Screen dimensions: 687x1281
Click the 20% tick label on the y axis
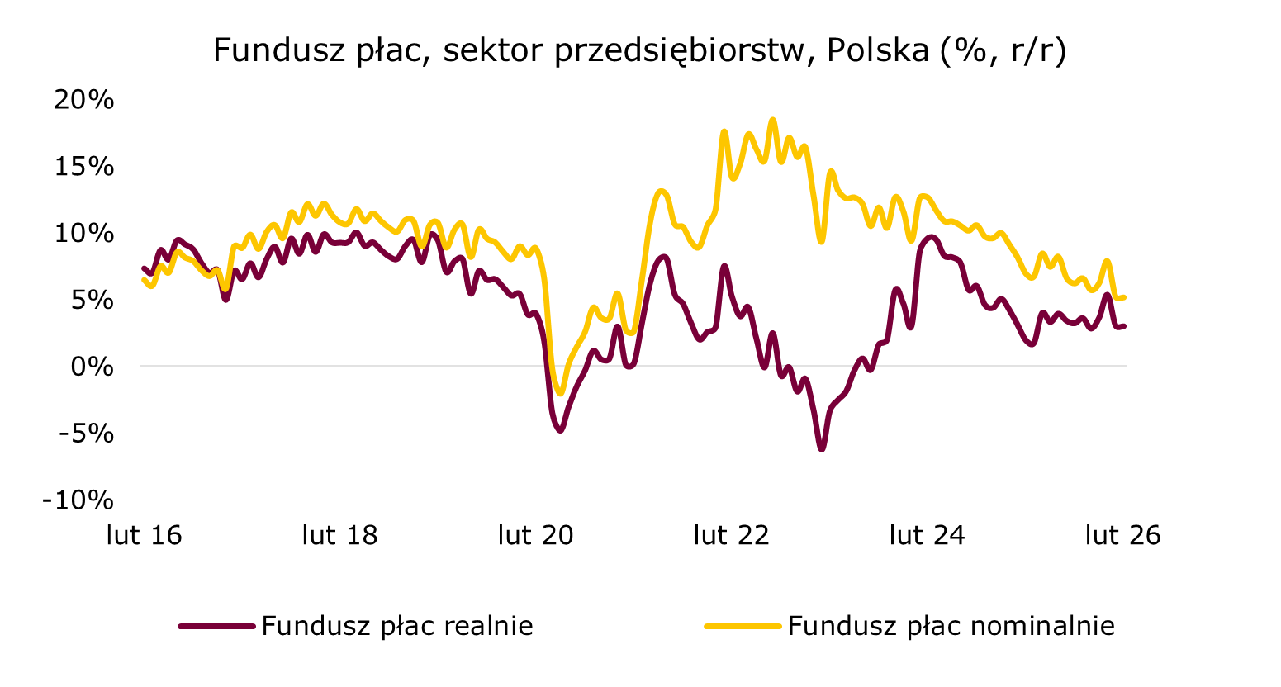(x=83, y=100)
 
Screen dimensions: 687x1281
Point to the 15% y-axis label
(x=83, y=167)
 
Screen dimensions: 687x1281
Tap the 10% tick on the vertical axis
(x=83, y=234)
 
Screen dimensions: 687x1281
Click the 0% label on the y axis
(x=91, y=367)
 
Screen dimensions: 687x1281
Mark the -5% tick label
(x=87, y=434)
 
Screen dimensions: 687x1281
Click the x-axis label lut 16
(x=145, y=536)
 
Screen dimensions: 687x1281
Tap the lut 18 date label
(x=340, y=536)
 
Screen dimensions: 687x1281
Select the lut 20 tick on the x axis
(x=536, y=536)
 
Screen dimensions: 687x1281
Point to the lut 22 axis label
(x=732, y=536)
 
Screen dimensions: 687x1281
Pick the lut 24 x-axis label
(x=928, y=536)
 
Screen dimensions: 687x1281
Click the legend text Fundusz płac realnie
(x=397, y=626)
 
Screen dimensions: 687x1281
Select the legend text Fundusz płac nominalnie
(x=951, y=626)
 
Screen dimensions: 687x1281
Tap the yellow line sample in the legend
(x=743, y=627)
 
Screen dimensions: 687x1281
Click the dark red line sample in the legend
(x=216, y=627)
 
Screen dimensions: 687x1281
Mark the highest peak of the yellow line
(x=773, y=120)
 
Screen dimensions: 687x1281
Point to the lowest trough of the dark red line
(x=822, y=448)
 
